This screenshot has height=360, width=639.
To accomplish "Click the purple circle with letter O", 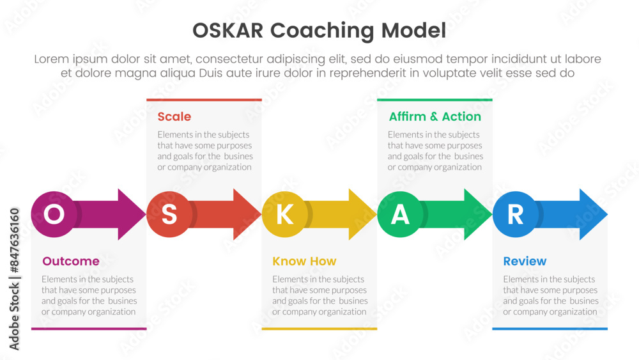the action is [54, 214].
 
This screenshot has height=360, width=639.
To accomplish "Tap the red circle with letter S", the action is [169, 214].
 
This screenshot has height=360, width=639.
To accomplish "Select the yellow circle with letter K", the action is [284, 214].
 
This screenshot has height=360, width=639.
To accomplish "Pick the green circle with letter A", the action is [400, 214].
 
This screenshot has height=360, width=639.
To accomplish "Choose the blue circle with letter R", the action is [515, 214].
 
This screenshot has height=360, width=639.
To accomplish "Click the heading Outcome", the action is [71, 261].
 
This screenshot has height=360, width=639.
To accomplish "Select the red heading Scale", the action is [174, 116].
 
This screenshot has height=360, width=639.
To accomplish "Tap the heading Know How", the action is [304, 261].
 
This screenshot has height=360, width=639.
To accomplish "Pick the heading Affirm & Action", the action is [435, 116].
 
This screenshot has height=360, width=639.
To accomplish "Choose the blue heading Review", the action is [525, 261].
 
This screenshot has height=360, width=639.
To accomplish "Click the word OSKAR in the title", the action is [228, 31].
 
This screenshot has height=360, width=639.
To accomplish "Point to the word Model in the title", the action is [413, 31].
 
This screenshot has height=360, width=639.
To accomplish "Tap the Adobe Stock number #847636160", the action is [14, 240].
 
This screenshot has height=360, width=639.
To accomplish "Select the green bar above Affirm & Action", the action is [435, 100].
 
